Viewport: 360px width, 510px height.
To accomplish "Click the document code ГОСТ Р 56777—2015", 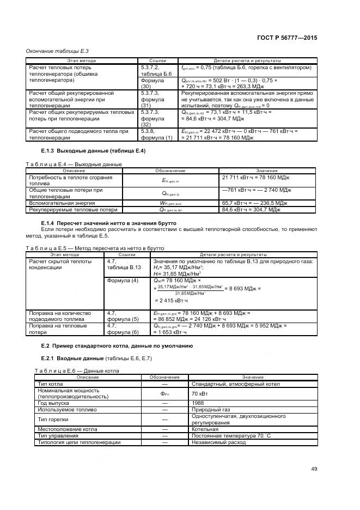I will (287, 39).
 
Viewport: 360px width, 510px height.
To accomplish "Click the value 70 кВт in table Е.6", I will (199, 393).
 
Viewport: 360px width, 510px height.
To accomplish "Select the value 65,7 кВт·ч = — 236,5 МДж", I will (255, 202).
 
